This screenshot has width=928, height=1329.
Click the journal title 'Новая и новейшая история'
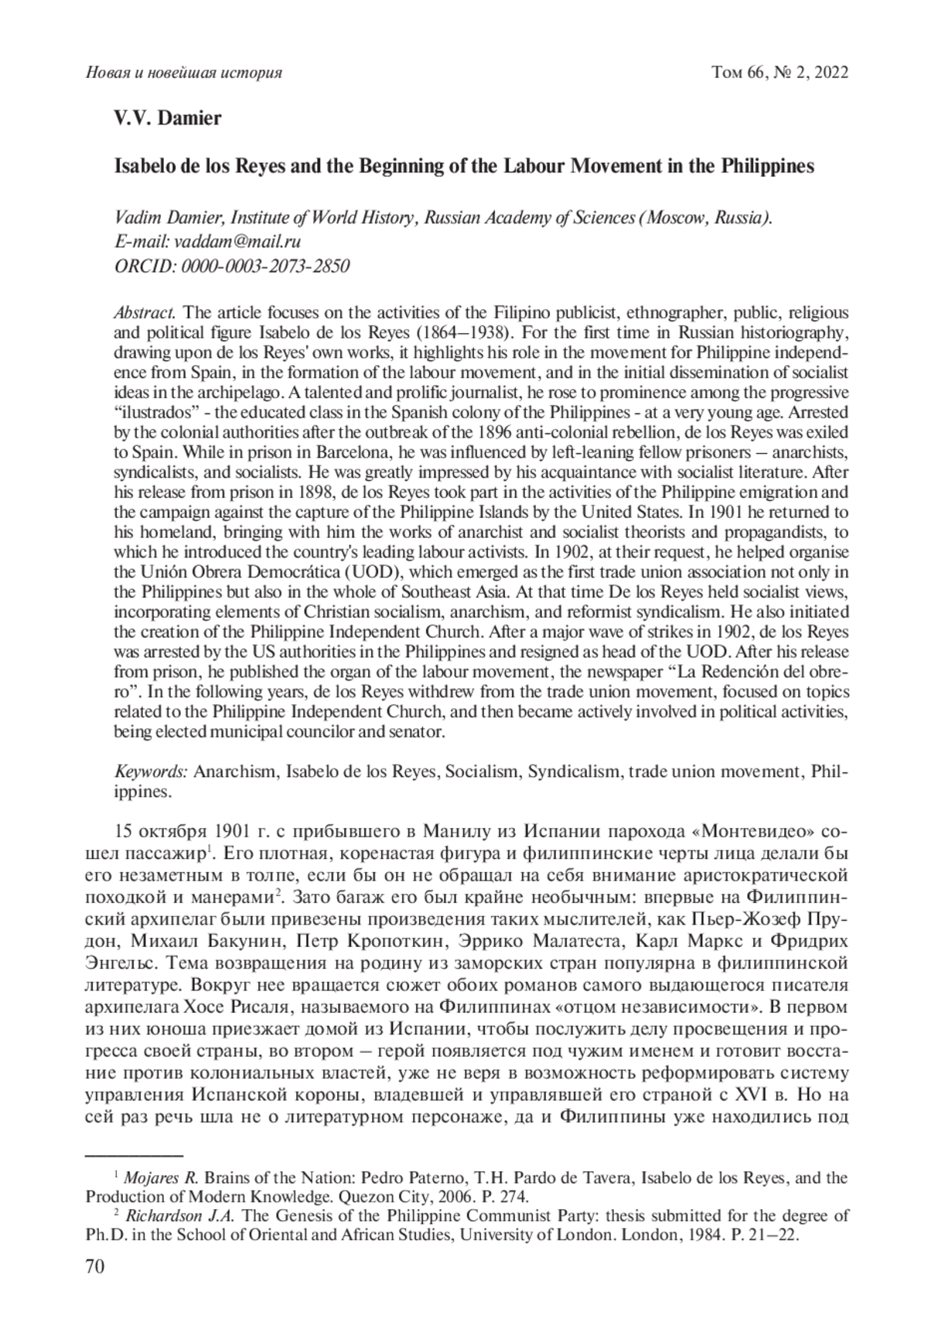point(183,73)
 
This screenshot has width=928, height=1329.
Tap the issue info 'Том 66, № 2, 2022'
point(780,73)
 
